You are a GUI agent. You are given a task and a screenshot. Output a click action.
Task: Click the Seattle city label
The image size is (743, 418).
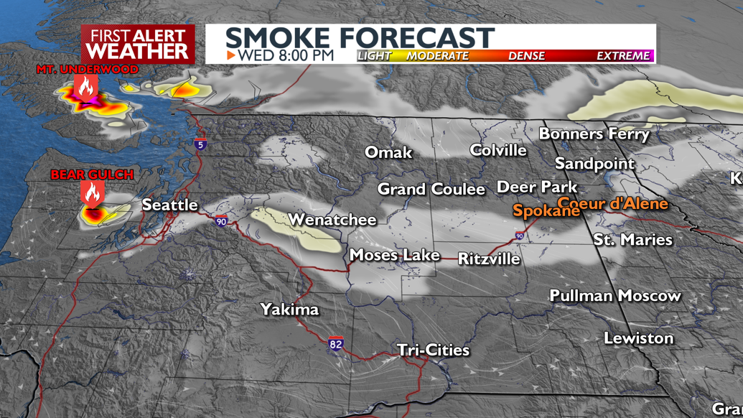pos(169,205)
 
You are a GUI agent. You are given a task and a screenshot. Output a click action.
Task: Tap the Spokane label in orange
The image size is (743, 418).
pos(546,211)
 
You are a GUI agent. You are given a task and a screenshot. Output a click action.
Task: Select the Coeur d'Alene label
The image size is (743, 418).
pos(612,203)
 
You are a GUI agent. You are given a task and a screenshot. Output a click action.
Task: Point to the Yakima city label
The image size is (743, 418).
pos(289,310)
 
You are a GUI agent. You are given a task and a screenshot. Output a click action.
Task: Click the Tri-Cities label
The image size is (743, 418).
pos(433,350)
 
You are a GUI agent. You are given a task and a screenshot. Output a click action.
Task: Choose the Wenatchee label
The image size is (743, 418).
pos(332,220)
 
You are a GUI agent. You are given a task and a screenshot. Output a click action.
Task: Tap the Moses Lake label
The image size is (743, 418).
pos(394,255)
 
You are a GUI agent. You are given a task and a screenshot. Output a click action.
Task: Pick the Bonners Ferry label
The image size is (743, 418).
pos(594,134)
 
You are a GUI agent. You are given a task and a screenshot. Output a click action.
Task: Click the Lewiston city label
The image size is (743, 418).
pos(638,338)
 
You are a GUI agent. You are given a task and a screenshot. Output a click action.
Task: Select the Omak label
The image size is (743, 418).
pos(388,152)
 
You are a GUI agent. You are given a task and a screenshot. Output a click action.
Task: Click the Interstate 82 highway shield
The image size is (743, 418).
pos(336,344)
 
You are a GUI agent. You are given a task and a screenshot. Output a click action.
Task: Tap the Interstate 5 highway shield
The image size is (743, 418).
pos(200,144)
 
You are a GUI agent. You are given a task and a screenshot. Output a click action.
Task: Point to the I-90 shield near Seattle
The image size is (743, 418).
pos(221,221)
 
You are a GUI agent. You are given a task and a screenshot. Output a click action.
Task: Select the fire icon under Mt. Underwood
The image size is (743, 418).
pos(86,87)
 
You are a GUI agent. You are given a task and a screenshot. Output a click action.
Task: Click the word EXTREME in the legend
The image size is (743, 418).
pos(622,56)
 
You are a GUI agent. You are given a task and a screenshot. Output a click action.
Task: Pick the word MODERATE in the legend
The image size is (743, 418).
pos(437,56)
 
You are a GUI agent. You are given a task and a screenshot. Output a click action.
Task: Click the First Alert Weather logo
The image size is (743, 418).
pos(138,45)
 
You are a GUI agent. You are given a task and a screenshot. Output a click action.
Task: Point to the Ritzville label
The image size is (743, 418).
pos(489,259)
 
